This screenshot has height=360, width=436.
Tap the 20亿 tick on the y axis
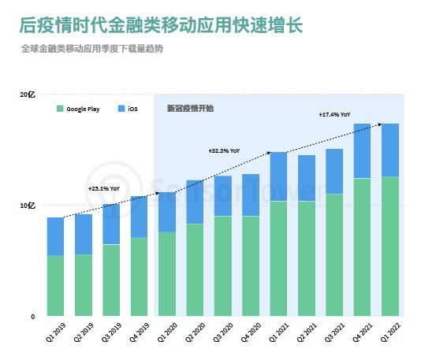tap(27, 95)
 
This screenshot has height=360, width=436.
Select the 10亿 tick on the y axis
tap(27, 206)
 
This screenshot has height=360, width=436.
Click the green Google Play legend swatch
tap(60, 109)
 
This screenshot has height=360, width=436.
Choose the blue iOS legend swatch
tap(120, 109)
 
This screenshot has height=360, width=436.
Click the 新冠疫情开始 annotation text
tap(189, 108)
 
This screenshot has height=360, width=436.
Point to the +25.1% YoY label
tap(103, 189)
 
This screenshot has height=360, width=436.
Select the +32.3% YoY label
tap(224, 150)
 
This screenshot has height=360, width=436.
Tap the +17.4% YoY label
tap(335, 115)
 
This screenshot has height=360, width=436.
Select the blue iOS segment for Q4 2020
tap(251, 195)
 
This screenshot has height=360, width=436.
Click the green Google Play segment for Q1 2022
tap(390, 247)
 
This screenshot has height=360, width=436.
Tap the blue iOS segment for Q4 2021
tap(363, 150)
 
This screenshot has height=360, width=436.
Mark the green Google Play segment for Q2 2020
tap(195, 270)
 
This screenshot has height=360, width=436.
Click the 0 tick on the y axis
tap(33, 317)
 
